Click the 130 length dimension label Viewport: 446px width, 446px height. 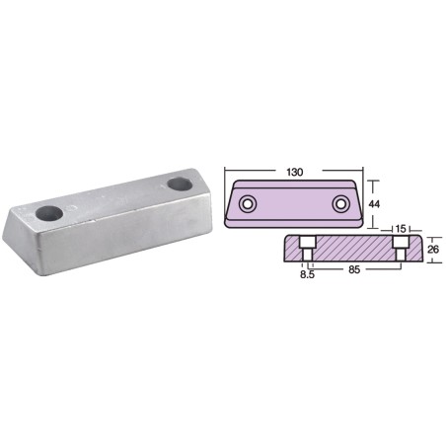click(294, 172)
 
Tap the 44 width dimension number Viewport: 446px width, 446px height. click(374, 204)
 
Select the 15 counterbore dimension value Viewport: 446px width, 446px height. click(401, 229)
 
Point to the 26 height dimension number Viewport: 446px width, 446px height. click(433, 250)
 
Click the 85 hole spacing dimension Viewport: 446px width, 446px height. click(354, 270)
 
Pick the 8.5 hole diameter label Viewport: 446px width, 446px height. click(307, 275)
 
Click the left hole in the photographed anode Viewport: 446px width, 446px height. click(49, 213)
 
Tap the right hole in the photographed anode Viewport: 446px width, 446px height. click(180, 184)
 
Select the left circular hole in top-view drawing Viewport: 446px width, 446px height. click(248, 204)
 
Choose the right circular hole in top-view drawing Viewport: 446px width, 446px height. click(340, 204)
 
